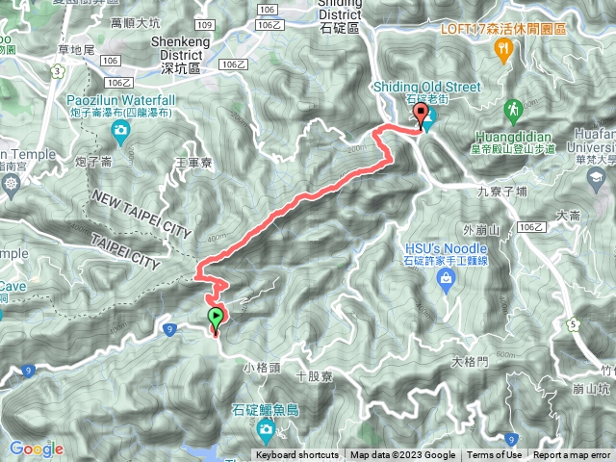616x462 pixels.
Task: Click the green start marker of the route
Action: pos(215,318)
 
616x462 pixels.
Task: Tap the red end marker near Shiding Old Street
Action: pos(420,115)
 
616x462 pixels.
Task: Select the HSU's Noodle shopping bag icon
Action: pos(445,279)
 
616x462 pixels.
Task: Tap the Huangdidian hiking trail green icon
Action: pos(511,107)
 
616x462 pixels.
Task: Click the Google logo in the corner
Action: pos(37,449)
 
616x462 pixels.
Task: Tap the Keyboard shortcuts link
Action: pos(296,455)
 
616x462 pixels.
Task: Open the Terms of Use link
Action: pos(496,455)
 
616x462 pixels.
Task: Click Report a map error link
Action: pos(572,455)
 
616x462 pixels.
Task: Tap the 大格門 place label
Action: pos(470,362)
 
